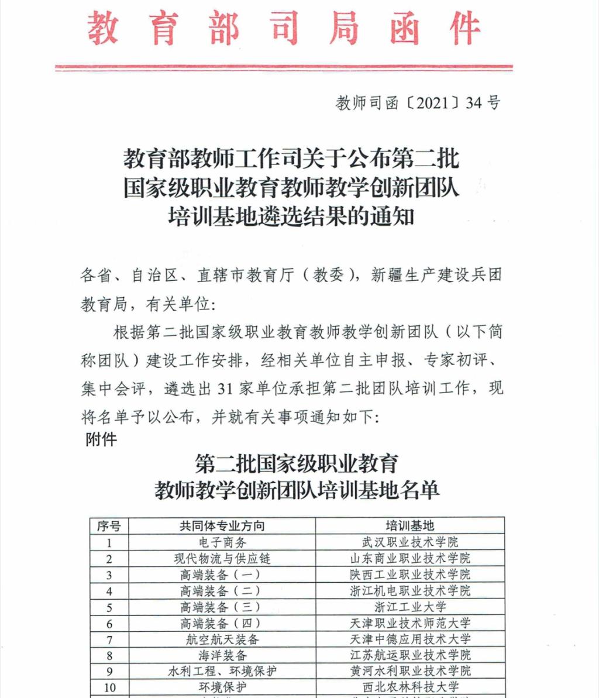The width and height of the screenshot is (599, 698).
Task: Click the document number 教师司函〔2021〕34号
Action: [418, 104]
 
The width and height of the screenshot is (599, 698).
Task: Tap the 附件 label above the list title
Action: [101, 439]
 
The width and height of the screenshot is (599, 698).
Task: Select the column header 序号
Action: [109, 526]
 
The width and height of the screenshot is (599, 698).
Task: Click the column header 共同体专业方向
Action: [222, 526]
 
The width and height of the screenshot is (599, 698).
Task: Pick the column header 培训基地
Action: [410, 526]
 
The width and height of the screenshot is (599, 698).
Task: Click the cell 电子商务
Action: [222, 542]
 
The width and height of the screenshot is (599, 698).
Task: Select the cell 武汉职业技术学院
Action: [410, 542]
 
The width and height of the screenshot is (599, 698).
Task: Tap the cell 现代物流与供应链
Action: [222, 559]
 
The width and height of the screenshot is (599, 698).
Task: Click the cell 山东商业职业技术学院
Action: [410, 559]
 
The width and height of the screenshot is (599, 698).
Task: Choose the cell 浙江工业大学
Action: [410, 607]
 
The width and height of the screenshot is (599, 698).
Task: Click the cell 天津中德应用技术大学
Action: [410, 639]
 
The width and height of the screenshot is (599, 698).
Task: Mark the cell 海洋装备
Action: [222, 655]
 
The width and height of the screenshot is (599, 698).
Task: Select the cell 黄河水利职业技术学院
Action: [410, 671]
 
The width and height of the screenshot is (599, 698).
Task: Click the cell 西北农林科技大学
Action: [410, 687]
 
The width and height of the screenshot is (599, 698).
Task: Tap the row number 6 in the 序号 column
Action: [109, 623]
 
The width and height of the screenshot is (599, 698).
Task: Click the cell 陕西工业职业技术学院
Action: [410, 575]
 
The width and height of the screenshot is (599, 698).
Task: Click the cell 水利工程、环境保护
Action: [222, 671]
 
